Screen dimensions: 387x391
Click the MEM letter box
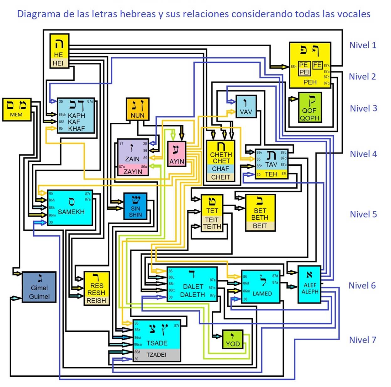click(17, 110)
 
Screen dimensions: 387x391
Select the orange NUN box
click(137, 109)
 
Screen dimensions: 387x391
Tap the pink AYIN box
click(177, 154)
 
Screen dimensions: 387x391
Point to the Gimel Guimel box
click(39, 287)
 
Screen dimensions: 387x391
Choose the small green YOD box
click(232, 339)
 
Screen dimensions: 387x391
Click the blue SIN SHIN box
click(135, 206)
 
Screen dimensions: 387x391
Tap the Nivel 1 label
click(362, 45)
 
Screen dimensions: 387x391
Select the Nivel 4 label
click(363, 154)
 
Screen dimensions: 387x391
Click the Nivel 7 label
click(362, 340)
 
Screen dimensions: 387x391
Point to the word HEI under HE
click(58, 63)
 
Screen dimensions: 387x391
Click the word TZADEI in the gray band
click(156, 355)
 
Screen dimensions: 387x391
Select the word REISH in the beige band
click(96, 300)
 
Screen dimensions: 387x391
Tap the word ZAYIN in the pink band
click(133, 171)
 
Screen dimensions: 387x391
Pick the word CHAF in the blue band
click(220, 169)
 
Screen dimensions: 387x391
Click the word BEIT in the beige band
click(260, 226)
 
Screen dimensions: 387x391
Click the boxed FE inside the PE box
click(317, 65)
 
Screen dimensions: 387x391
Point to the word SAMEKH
click(71, 212)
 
